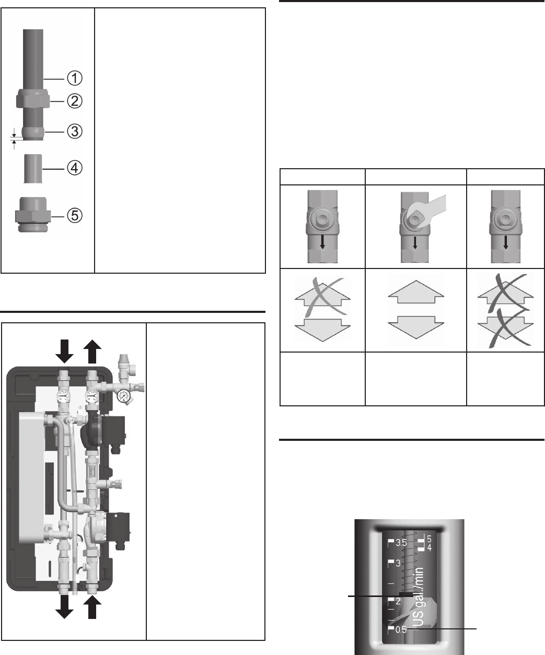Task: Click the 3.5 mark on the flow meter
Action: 400,543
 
